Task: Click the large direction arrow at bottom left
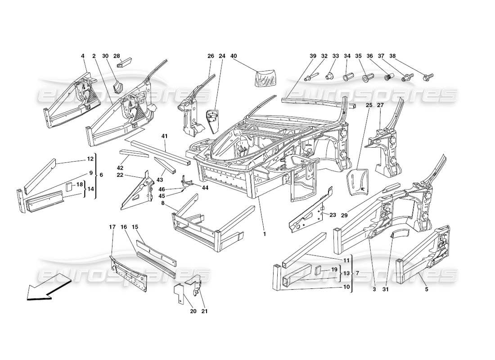[47, 290]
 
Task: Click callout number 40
[234, 56]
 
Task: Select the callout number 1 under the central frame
[265, 234]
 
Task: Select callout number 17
[112, 226]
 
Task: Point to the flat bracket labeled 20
[179, 294]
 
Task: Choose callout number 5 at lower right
[426, 289]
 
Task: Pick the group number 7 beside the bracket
[357, 273]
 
